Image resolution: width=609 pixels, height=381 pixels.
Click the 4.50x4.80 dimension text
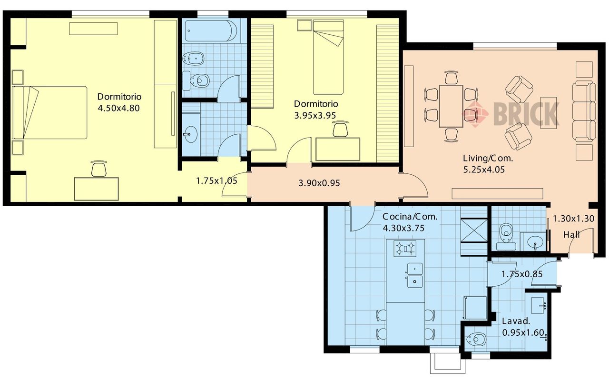(118, 108)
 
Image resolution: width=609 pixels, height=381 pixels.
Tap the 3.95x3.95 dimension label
(315, 115)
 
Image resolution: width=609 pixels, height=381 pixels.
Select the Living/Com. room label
(488, 158)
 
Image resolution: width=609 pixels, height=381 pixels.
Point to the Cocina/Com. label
(410, 217)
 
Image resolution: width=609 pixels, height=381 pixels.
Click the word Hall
(571, 234)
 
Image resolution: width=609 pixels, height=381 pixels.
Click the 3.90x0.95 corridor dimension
(319, 183)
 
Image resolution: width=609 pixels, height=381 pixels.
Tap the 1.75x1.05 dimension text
(216, 180)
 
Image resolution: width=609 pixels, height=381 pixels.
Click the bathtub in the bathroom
(211, 31)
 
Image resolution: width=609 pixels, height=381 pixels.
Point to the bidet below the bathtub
(193, 59)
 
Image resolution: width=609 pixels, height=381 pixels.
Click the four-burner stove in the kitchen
(405, 249)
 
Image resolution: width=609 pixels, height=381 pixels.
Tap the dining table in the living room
(451, 106)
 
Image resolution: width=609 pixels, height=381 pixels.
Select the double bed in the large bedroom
(50, 113)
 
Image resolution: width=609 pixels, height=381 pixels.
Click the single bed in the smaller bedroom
(328, 58)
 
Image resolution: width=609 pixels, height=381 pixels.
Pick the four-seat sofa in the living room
(584, 111)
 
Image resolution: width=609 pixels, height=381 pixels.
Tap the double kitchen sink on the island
(414, 275)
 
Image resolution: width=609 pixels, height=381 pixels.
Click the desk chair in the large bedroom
(99, 169)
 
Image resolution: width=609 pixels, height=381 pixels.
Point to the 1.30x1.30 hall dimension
(574, 219)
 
